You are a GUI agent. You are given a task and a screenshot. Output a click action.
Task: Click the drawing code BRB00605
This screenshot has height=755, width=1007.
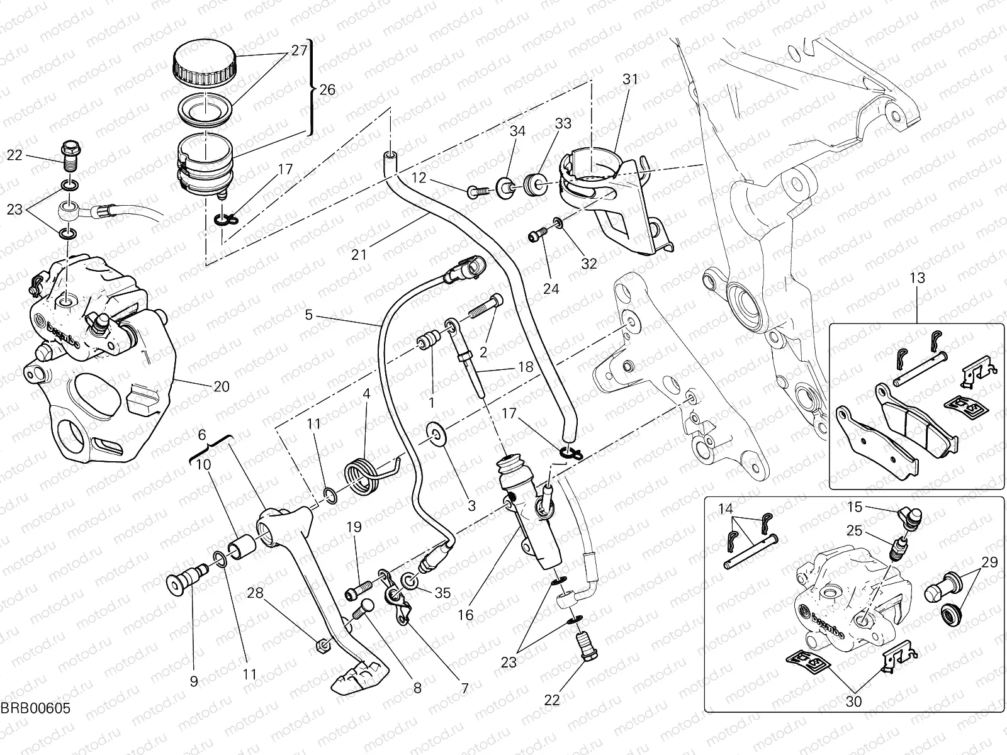[x=35, y=708]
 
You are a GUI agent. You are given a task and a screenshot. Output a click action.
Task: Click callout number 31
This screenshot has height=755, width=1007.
[x=630, y=79]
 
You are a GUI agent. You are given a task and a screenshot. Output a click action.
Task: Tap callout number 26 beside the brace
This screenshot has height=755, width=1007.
[x=327, y=89]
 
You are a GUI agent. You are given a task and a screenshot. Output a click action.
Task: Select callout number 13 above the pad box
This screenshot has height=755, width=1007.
[x=918, y=278]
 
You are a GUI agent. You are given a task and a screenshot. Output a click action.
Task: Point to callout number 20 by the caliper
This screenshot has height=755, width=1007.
[x=222, y=386]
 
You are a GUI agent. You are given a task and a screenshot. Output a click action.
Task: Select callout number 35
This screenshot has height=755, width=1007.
[x=443, y=592]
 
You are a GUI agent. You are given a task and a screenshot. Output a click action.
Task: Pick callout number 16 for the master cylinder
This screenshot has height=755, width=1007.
[x=466, y=615]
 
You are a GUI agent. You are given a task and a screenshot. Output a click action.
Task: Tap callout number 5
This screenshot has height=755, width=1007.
[x=308, y=315]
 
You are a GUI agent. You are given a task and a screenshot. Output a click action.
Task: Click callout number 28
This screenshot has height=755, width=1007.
[x=254, y=592]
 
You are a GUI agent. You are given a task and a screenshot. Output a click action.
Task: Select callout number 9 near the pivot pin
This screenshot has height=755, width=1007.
[x=194, y=681]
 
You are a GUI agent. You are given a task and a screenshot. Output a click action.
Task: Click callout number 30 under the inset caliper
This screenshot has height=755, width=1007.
[x=854, y=700]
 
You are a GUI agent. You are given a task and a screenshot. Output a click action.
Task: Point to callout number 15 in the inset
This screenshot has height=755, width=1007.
[x=854, y=506]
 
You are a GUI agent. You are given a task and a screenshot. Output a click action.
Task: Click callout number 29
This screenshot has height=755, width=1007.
[x=989, y=562]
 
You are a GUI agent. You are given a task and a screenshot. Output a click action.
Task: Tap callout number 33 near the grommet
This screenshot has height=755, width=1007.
[x=563, y=123]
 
